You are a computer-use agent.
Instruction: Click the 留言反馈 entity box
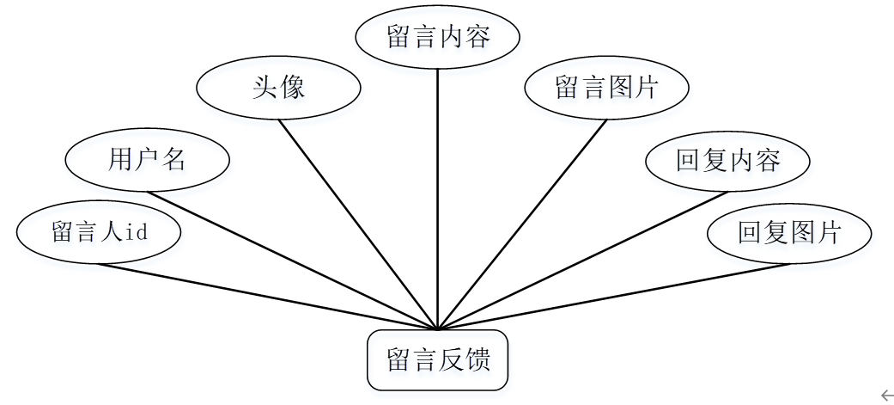click(x=438, y=360)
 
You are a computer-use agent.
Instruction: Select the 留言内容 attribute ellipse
click(x=438, y=39)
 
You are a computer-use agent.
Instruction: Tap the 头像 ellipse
click(x=278, y=88)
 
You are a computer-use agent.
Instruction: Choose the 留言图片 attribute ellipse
click(x=607, y=88)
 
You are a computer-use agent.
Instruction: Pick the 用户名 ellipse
click(x=147, y=159)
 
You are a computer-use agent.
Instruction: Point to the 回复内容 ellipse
click(x=727, y=161)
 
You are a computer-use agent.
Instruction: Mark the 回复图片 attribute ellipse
click(x=788, y=232)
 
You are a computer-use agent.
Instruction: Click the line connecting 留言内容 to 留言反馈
click(x=438, y=198)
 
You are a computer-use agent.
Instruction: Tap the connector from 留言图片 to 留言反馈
click(x=522, y=224)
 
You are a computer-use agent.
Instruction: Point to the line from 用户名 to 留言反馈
click(x=292, y=261)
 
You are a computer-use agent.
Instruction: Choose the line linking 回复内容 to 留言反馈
click(x=584, y=261)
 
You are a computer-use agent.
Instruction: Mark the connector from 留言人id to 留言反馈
click(x=266, y=296)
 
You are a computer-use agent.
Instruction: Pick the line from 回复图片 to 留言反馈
click(x=614, y=296)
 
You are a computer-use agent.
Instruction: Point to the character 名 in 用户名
click(x=174, y=159)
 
